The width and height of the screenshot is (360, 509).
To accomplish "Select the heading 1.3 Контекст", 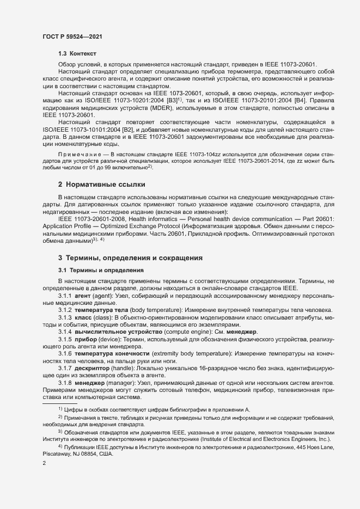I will (x=77, y=54).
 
